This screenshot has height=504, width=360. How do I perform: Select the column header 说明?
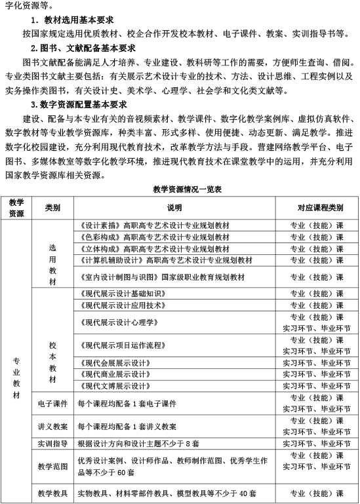[x=174, y=208]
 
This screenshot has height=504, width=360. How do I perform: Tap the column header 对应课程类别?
[x=316, y=208]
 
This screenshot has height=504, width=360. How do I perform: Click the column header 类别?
[x=52, y=208]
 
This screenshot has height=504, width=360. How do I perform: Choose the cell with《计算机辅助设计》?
[x=165, y=260]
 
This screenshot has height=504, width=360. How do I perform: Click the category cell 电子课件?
[x=52, y=403]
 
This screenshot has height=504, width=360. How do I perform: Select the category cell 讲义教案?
[x=52, y=426]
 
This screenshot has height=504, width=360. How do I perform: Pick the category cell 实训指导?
[x=52, y=444]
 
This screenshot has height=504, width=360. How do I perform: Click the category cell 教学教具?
[x=52, y=492]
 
